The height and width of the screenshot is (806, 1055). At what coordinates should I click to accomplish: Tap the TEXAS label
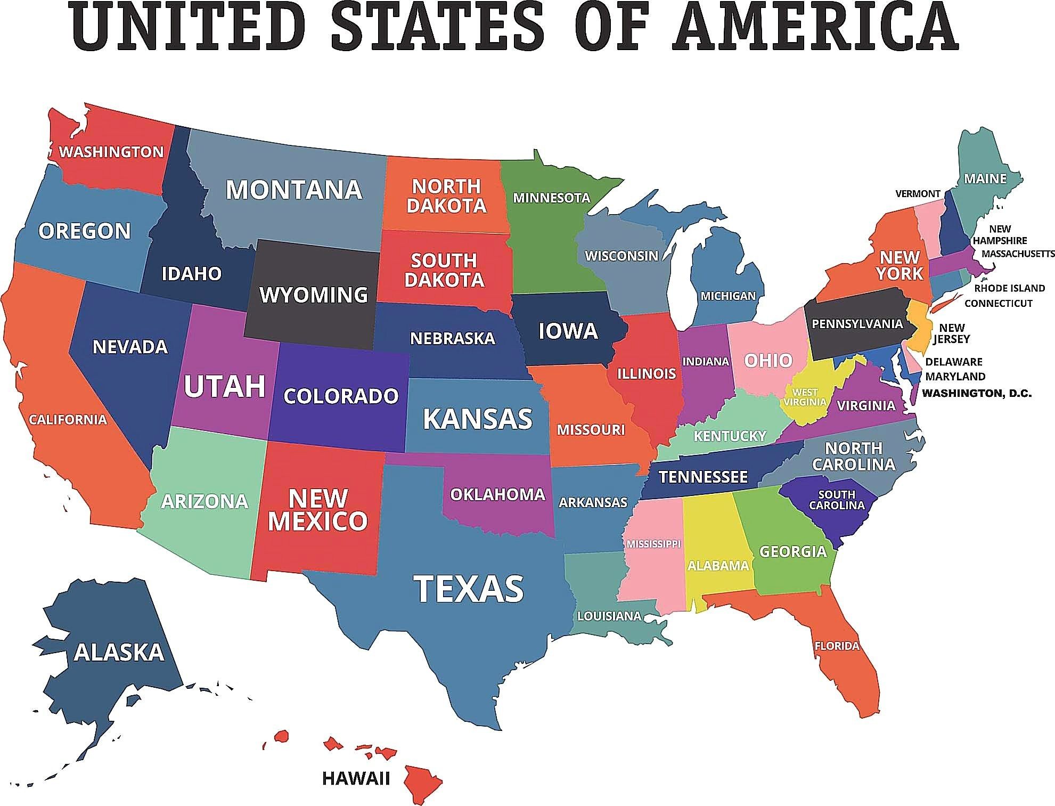(x=469, y=588)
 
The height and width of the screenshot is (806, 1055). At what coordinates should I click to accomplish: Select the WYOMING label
(x=314, y=295)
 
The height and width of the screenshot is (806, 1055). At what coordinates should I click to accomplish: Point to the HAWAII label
(x=356, y=778)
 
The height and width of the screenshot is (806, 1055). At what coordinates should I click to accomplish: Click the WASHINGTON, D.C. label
(x=977, y=394)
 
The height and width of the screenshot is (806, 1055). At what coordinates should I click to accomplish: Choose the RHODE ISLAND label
(x=1009, y=288)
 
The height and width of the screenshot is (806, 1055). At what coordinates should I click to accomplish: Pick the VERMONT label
(x=918, y=193)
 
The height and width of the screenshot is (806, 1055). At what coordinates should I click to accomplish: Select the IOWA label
(x=568, y=331)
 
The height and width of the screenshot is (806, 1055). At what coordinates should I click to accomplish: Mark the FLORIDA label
(x=837, y=646)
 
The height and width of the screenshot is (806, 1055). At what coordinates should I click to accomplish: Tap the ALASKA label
(x=119, y=652)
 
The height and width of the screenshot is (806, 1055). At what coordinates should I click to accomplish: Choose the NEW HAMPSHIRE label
(x=1000, y=235)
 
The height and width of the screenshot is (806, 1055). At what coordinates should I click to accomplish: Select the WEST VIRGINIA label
(x=805, y=397)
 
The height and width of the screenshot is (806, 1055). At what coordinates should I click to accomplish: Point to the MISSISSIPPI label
(x=653, y=544)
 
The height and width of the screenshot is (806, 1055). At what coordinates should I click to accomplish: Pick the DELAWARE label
(x=953, y=362)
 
